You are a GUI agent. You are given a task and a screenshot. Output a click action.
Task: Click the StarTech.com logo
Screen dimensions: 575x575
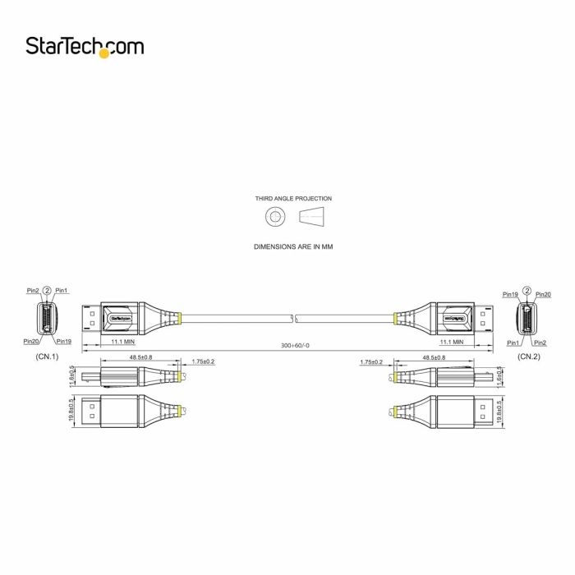[x=85, y=46]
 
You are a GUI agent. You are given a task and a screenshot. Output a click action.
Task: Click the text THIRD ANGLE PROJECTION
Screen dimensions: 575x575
[x=293, y=198]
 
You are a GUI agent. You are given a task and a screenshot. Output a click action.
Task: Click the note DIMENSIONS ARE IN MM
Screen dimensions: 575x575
[x=293, y=246]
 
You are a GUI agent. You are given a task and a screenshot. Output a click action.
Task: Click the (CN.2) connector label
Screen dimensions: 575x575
[x=528, y=357]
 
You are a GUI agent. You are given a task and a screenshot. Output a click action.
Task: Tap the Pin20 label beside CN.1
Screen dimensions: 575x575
[x=31, y=341]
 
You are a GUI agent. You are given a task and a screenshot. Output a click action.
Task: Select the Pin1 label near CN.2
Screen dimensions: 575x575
[x=513, y=342]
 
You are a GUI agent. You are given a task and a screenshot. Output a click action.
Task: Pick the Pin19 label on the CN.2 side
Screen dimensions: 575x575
[x=510, y=294]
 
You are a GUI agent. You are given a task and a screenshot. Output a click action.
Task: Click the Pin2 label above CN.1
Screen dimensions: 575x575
[x=33, y=290]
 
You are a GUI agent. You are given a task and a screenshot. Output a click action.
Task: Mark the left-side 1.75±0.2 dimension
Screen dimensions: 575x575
[x=203, y=361]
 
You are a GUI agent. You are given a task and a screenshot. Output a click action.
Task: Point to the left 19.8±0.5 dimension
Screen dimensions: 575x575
[x=72, y=409]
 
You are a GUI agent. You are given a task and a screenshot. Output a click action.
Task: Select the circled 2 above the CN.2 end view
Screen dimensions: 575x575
[x=526, y=291]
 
